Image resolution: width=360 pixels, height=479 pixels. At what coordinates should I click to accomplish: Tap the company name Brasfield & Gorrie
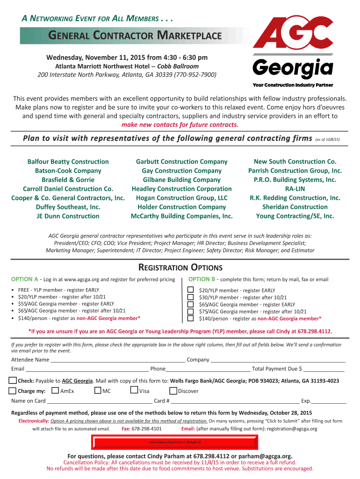pyautogui.click(x=68, y=180)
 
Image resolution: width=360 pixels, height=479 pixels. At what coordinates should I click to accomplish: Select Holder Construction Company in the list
pyautogui.click(x=181, y=207)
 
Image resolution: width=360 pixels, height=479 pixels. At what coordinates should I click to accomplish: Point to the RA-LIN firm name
pyautogui.click(x=295, y=189)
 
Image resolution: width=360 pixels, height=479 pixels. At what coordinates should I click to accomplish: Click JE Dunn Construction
pyautogui.click(x=68, y=216)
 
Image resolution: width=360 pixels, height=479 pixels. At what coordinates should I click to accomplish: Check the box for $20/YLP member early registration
pyautogui.click(x=190, y=290)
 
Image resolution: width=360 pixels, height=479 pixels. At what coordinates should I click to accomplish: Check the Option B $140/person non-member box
pyautogui.click(x=190, y=318)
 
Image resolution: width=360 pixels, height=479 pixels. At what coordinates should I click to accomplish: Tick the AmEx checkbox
pyautogui.click(x=55, y=391)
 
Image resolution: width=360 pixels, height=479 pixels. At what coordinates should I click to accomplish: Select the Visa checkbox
pyautogui.click(x=134, y=391)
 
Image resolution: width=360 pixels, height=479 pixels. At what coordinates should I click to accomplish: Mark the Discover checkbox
pyautogui.click(x=173, y=391)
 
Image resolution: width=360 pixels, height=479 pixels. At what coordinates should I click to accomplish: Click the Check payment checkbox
pyautogui.click(x=13, y=380)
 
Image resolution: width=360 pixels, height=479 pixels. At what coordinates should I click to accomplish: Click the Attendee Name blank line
pyautogui.click(x=117, y=361)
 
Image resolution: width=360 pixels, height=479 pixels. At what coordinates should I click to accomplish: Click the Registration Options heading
pyautogui.click(x=180, y=268)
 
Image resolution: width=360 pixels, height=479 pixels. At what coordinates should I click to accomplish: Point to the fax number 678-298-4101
pyautogui.click(x=147, y=428)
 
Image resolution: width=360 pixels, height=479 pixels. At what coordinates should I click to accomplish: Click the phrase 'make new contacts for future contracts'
pyautogui.click(x=180, y=125)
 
